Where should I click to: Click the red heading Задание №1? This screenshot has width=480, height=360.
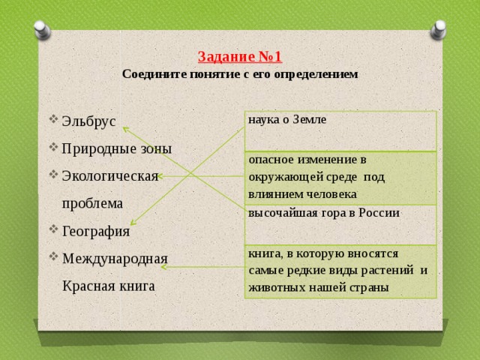pyautogui.click(x=240, y=57)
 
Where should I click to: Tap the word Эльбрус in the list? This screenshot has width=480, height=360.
pyautogui.click(x=88, y=121)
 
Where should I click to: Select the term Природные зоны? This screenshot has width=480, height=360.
pyautogui.click(x=117, y=149)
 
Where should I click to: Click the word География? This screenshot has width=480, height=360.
pyautogui.click(x=96, y=232)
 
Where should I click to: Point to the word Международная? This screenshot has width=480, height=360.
pyautogui.click(x=115, y=259)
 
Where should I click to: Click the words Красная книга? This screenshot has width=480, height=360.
pyautogui.click(x=109, y=286)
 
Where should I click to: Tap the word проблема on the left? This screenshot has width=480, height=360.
pyautogui.click(x=92, y=204)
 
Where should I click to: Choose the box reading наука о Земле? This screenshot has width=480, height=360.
pyautogui.click(x=340, y=131)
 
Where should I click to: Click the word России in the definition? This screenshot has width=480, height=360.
pyautogui.click(x=379, y=213)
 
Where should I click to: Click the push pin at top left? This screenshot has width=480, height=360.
pyautogui.click(x=42, y=30)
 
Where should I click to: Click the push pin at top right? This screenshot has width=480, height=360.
pyautogui.click(x=438, y=30)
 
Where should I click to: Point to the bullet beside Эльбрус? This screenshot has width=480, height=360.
pyautogui.click(x=53, y=118)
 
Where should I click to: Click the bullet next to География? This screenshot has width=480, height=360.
pyautogui.click(x=53, y=229)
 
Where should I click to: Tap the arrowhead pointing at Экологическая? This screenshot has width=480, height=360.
pyautogui.click(x=160, y=176)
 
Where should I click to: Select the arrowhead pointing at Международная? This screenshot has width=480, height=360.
pyautogui.click(x=163, y=267)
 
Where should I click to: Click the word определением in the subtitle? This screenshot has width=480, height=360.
pyautogui.click(x=316, y=75)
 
